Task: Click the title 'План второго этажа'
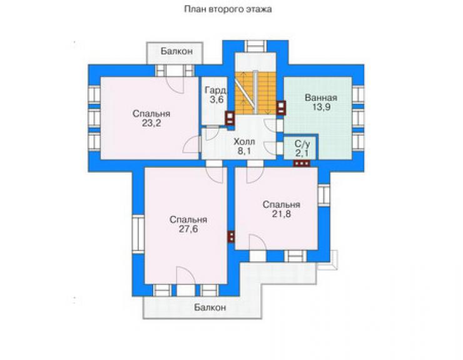(228, 9)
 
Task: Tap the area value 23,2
(151, 123)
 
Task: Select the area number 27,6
(188, 229)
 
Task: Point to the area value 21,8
(282, 213)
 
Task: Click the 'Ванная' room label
(321, 98)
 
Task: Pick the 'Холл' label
(244, 142)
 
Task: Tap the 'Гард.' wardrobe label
(216, 90)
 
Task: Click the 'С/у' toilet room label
(302, 144)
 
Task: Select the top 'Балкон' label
(176, 51)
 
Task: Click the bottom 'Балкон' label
(210, 307)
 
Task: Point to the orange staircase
(255, 93)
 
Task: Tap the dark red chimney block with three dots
(302, 163)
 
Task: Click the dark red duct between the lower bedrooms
(232, 237)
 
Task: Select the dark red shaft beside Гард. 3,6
(230, 118)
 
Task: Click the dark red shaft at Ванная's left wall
(281, 108)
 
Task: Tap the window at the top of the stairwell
(256, 46)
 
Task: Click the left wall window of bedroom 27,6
(138, 234)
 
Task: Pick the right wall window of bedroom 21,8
(323, 195)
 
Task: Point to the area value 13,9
(321, 107)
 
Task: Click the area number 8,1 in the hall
(244, 152)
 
